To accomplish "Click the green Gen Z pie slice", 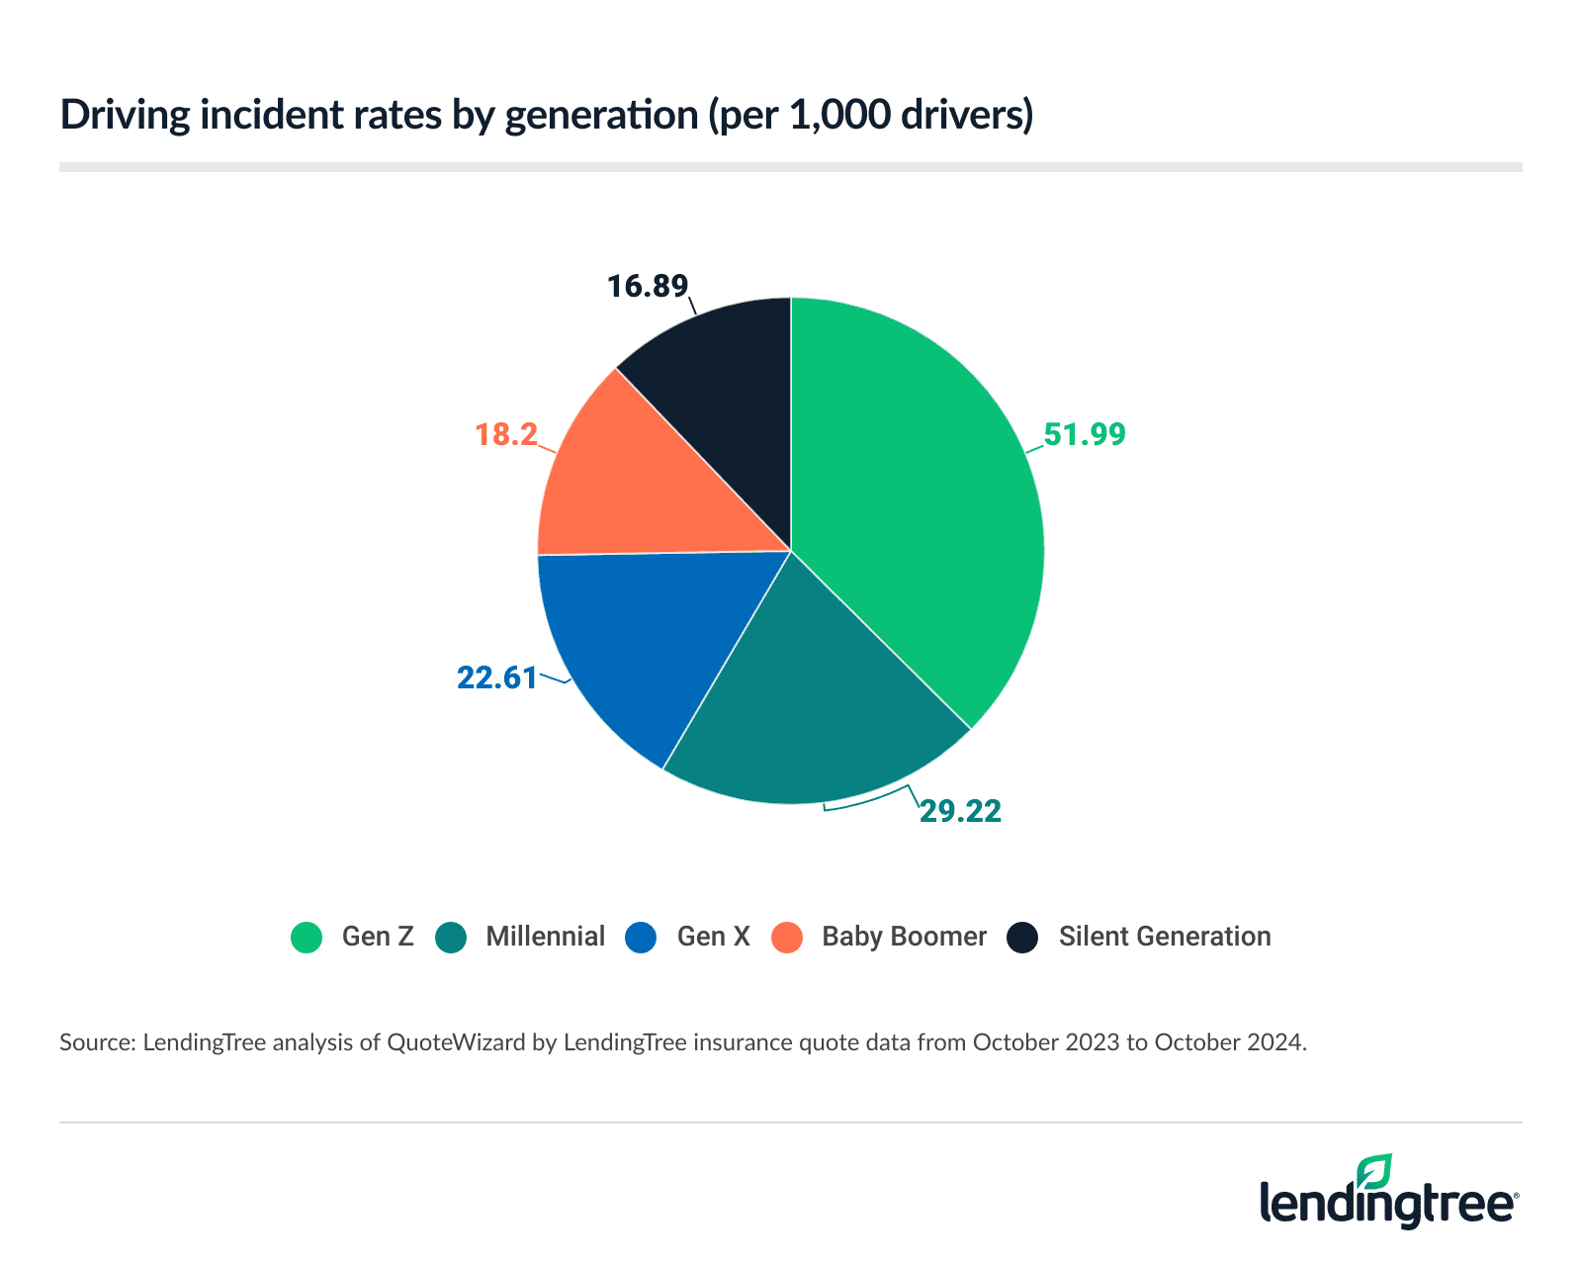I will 920,514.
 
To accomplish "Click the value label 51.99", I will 1085,435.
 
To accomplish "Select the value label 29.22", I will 960,812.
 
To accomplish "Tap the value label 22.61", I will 496,678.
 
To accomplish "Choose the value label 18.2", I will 506,434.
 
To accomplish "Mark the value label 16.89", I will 647,287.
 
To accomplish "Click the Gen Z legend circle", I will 307,938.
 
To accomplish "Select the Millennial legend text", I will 545,937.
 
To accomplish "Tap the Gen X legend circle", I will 641,938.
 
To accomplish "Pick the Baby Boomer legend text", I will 904,937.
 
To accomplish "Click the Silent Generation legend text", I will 1164,937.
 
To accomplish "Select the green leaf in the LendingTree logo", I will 1374,1172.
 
